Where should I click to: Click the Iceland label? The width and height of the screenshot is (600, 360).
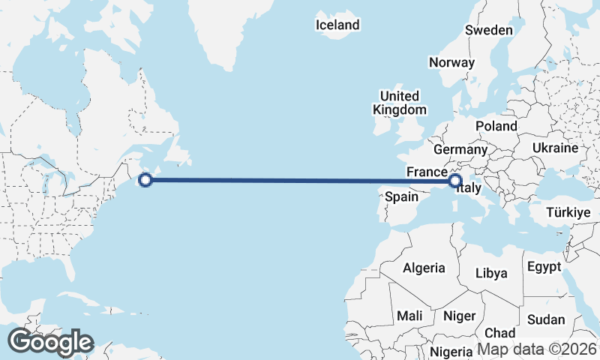point(337,25)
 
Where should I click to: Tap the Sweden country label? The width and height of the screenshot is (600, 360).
point(489,31)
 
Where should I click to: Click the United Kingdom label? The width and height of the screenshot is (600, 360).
point(399,103)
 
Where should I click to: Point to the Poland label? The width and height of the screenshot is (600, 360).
point(496,126)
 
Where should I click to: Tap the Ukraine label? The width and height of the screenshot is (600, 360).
point(555,148)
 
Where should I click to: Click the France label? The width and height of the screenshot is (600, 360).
point(427,172)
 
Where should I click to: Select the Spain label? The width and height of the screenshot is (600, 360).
point(401,197)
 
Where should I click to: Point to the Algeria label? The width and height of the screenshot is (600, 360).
point(424,268)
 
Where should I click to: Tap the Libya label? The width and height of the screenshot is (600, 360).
point(491,272)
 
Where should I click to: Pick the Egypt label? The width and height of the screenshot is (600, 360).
point(544,267)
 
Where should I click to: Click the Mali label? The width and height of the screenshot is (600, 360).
point(409,315)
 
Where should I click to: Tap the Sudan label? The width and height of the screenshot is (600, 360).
point(546,319)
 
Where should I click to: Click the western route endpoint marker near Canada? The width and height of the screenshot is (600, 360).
point(146,179)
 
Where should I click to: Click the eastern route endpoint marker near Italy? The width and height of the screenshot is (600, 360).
point(454,180)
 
